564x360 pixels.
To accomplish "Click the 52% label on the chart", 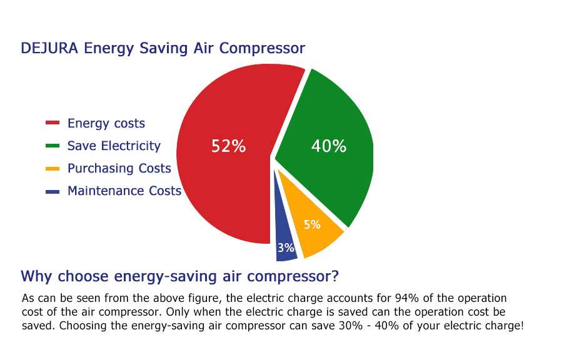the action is click(228, 146).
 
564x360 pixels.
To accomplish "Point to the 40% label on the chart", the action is click(329, 146).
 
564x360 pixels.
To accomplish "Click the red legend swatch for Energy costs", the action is click(53, 123).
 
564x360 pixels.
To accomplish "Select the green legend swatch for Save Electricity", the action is click(53, 146).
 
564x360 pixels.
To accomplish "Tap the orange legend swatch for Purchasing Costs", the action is click(53, 169).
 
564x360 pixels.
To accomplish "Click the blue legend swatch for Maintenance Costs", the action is click(53, 192).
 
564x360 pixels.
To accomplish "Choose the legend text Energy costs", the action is click(106, 123).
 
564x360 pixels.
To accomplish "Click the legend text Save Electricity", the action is click(114, 146).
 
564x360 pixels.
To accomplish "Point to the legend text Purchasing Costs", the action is click(119, 169).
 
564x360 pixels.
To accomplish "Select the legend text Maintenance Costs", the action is click(124, 191).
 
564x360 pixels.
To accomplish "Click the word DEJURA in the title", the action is click(49, 48).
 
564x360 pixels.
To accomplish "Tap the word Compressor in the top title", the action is click(262, 49).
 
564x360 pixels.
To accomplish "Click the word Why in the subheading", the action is click(36, 277).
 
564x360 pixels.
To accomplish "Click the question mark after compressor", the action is click(335, 276).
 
